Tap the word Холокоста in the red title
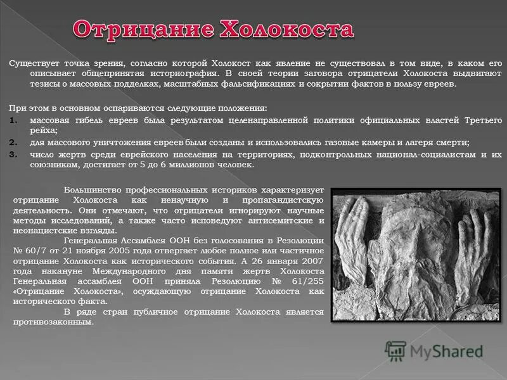click(x=286, y=30)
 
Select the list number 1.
click(x=13, y=120)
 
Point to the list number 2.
click(x=13, y=142)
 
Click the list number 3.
click(x=13, y=154)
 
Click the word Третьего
click(x=481, y=120)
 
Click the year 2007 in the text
click(x=311, y=261)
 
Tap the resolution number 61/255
click(x=304, y=281)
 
